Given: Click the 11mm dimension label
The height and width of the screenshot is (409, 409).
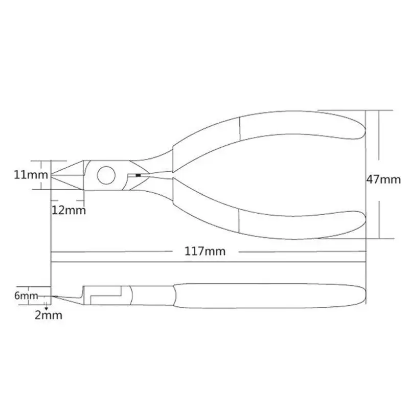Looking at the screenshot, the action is click(31, 174).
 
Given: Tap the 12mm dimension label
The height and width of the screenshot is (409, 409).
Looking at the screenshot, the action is click(69, 210).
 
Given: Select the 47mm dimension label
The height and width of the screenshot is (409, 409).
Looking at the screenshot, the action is click(383, 179).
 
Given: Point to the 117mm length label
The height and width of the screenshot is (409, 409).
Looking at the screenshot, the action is click(205, 251).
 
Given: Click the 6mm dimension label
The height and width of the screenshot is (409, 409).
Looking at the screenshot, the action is click(26, 296).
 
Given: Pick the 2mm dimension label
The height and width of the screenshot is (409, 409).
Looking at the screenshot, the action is click(49, 315).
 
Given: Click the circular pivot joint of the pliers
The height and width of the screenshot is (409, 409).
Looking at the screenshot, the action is click(106, 175).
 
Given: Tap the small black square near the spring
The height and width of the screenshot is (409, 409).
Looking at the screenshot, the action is click(138, 175).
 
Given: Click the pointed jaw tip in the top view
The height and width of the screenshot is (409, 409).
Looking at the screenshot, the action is click(52, 175).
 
